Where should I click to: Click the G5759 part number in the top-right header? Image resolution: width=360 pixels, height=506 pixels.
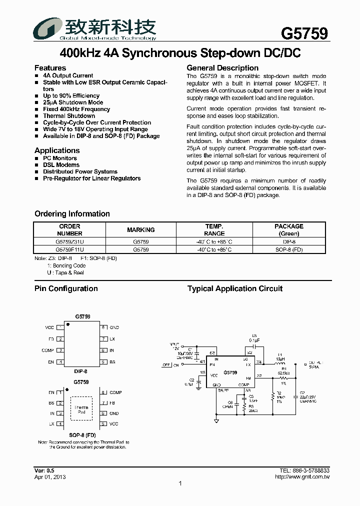click(304, 33)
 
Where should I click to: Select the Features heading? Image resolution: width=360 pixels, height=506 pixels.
click(50, 68)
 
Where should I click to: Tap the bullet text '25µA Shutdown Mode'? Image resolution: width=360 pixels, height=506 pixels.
click(73, 102)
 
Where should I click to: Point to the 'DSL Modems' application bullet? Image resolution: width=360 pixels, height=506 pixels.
click(61, 164)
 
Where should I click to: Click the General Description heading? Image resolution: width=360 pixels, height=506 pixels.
click(222, 68)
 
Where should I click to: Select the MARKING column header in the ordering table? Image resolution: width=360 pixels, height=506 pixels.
click(141, 230)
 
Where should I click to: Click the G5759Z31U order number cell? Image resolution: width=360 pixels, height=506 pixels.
click(70, 241)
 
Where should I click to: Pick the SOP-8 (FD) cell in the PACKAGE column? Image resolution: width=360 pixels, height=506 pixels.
click(289, 249)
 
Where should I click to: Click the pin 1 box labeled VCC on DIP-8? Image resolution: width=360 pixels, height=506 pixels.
click(60, 327)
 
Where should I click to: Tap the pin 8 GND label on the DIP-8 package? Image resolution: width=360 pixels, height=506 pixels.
click(114, 327)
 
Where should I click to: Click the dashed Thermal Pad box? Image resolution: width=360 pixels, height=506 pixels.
click(81, 410)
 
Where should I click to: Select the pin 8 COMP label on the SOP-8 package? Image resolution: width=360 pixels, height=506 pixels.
click(115, 393)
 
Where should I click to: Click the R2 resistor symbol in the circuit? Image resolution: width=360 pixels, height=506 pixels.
click(272, 395)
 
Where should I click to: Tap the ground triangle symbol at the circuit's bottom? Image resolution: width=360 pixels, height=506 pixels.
click(216, 421)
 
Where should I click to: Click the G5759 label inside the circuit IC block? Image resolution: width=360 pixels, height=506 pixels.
click(230, 372)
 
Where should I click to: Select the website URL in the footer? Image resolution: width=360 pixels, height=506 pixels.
click(302, 477)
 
